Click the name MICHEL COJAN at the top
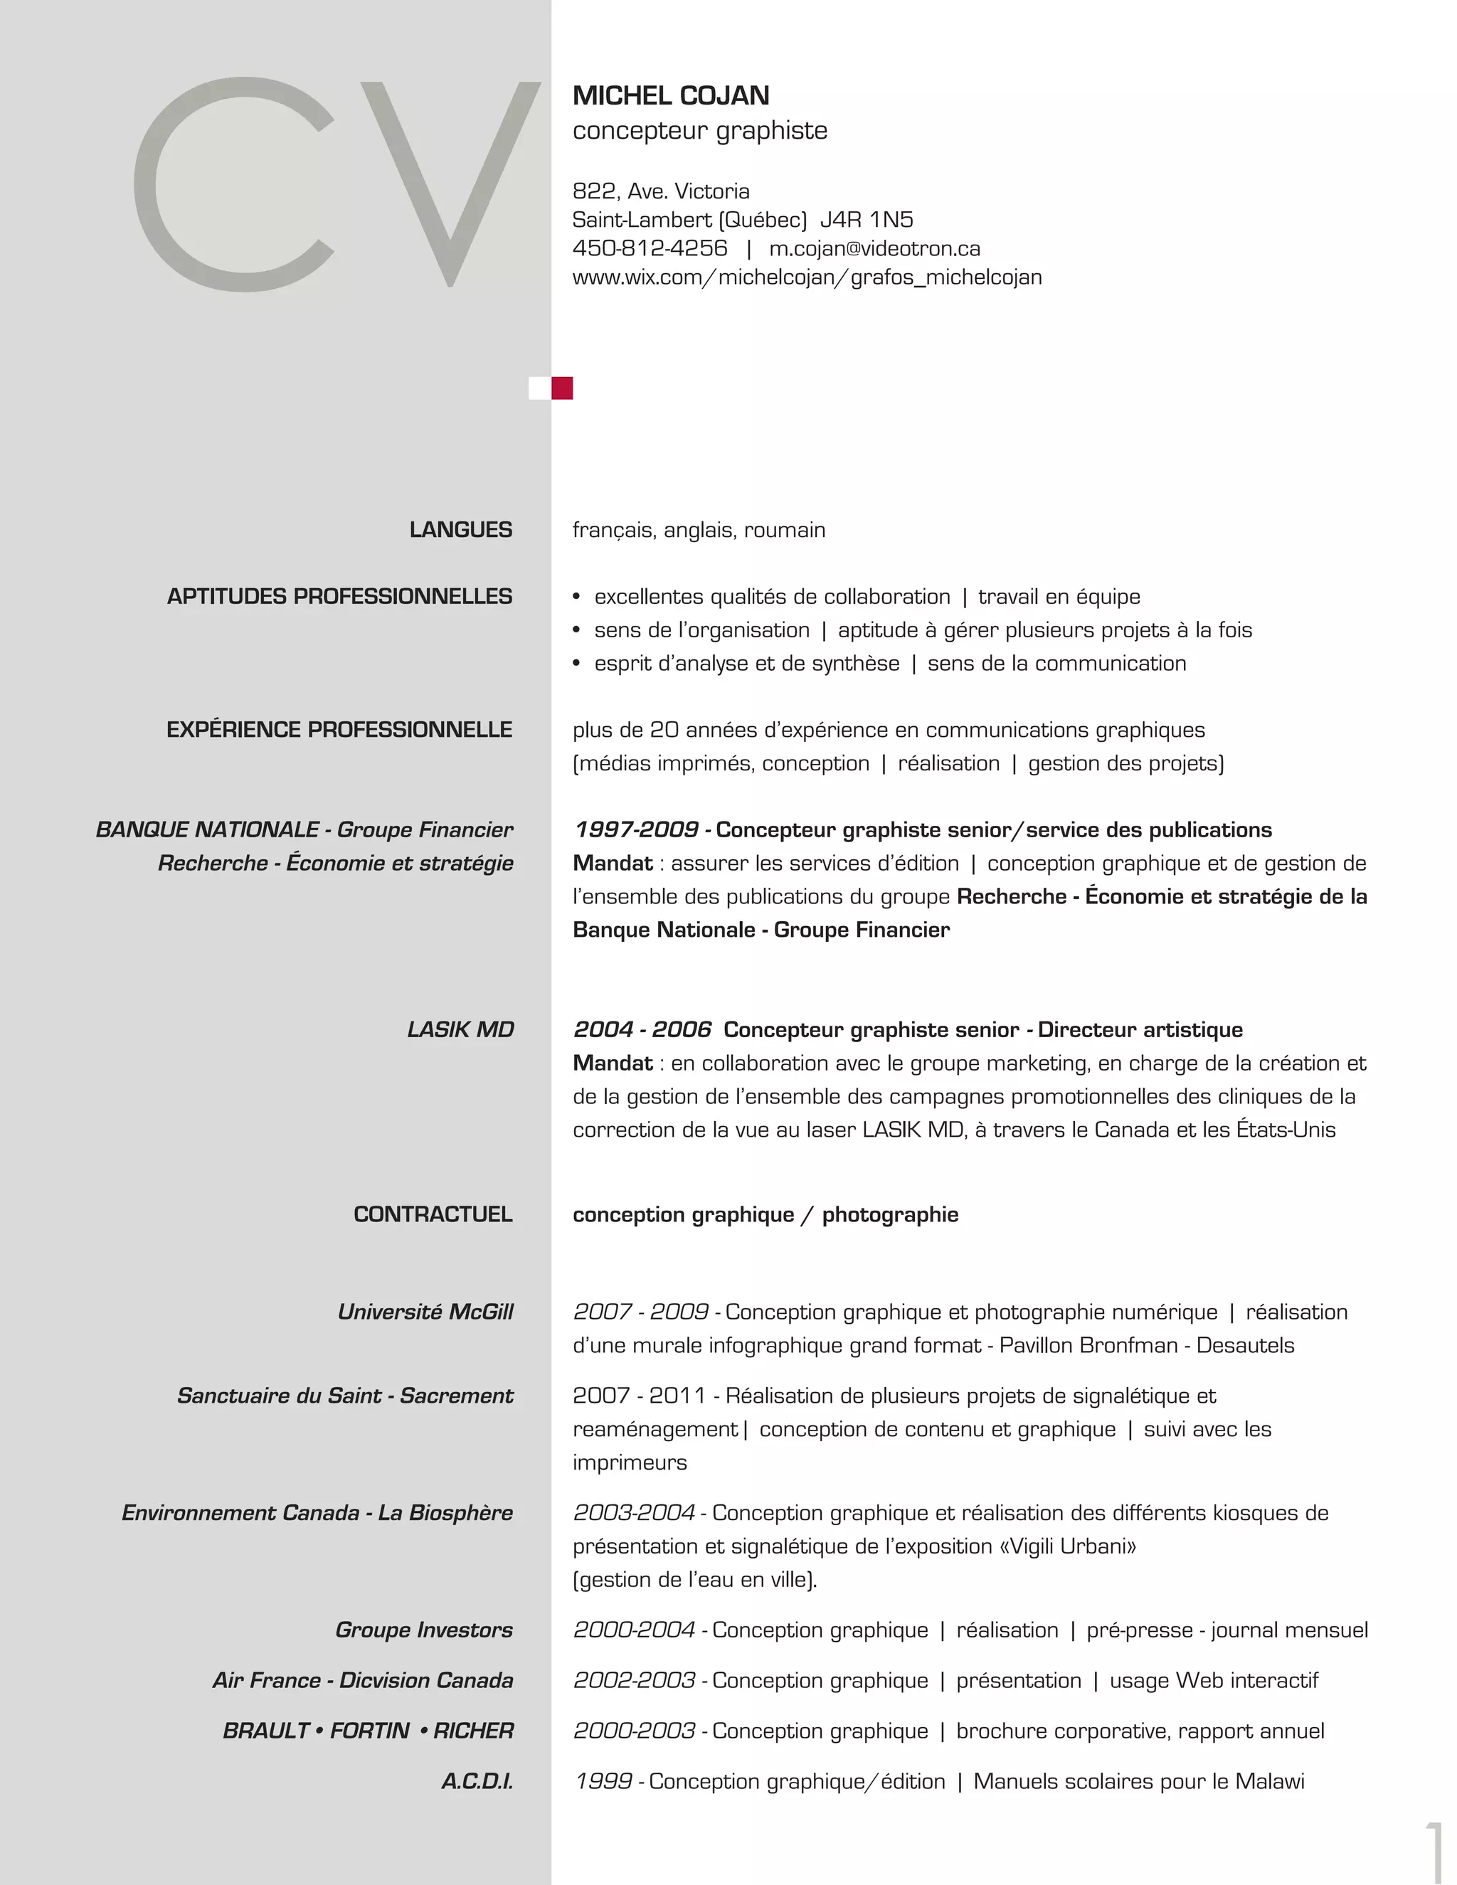pos(671,96)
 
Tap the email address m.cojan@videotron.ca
pos(874,248)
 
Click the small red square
pos(562,388)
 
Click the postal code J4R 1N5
pos(867,219)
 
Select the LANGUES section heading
pos(461,530)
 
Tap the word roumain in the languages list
pos(785,530)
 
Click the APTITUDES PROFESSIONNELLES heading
pos(339,596)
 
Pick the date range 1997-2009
pos(636,830)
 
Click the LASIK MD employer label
pos(460,1030)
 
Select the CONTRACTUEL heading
pos(433,1214)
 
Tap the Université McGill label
pos(425,1312)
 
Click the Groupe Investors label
pos(424,1630)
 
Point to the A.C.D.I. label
pos(477,1781)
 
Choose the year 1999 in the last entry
pos(603,1781)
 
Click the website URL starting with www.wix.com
pos(807,277)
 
